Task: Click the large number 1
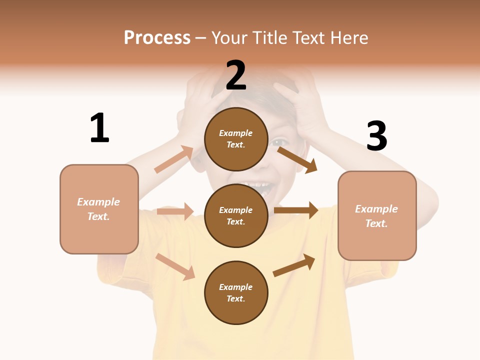[x=99, y=128]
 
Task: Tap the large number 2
[x=236, y=76]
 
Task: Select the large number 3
[x=376, y=136]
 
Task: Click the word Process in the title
[x=157, y=37]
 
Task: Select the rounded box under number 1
[x=99, y=209]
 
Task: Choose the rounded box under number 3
[x=377, y=215]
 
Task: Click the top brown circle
[x=236, y=139]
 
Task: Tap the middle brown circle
[x=236, y=215]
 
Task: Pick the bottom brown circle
[x=236, y=292]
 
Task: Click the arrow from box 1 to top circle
[x=174, y=159]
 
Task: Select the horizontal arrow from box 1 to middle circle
[x=175, y=211]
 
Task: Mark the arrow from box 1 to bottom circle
[x=175, y=266]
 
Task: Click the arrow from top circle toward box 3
[x=297, y=159]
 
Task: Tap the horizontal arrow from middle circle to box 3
[x=295, y=210]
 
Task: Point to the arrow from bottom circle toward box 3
[x=294, y=265]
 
